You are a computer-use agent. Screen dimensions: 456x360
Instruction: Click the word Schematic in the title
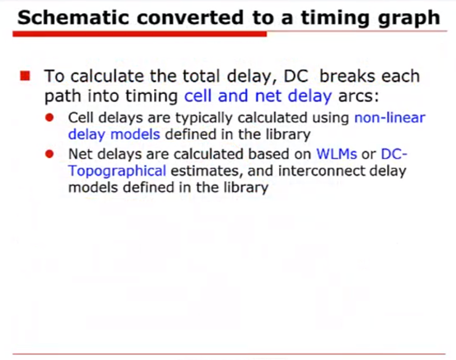(x=73, y=17)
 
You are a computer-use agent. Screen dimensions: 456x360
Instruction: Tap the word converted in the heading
(x=190, y=17)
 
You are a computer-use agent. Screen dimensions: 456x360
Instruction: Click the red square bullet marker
(x=25, y=76)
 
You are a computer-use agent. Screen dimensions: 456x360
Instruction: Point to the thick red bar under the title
(x=140, y=34)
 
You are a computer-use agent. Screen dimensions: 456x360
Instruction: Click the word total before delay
(x=201, y=77)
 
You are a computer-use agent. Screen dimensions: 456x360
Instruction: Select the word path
(x=63, y=96)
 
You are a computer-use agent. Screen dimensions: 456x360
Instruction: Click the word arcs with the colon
(x=359, y=96)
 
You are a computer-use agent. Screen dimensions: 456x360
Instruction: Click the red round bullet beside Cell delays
(x=49, y=118)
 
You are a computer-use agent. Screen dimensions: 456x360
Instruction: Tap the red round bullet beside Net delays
(x=49, y=154)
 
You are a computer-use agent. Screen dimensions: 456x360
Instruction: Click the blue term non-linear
(x=390, y=118)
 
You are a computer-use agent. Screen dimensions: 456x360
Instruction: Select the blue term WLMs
(x=337, y=154)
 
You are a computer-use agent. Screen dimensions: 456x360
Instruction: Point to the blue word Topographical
(x=117, y=171)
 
